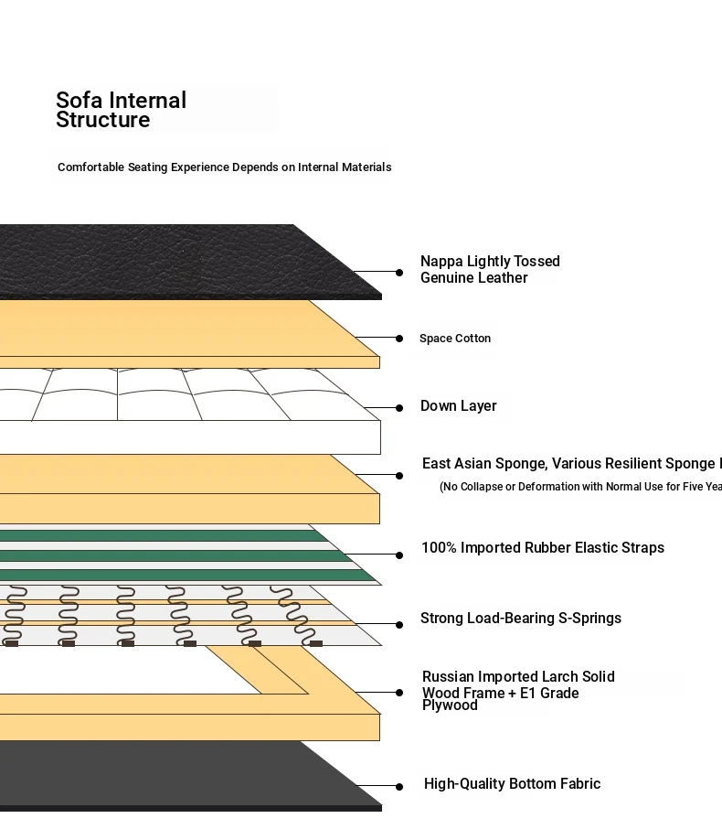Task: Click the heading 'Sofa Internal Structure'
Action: [121, 110]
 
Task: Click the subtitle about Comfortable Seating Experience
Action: [224, 167]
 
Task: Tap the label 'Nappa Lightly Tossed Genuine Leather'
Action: [490, 270]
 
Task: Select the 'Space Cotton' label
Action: [455, 339]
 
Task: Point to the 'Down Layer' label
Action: [459, 406]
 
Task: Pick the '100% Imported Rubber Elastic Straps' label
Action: [543, 548]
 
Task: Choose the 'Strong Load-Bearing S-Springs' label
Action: [521, 619]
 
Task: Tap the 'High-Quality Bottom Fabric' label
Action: [512, 784]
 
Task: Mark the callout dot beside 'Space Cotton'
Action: [399, 339]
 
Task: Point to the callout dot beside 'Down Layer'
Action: [399, 408]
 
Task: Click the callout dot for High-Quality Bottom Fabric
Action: [399, 787]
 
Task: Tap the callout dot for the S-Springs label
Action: [399, 625]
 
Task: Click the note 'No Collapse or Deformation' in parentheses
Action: [580, 487]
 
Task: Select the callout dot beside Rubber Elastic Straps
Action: [399, 555]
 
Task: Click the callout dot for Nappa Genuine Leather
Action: [399, 273]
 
